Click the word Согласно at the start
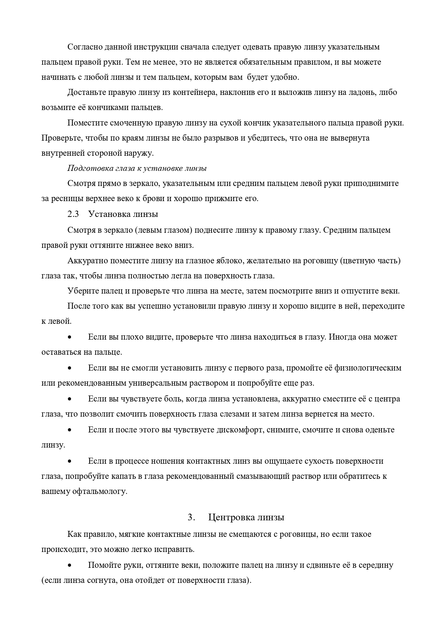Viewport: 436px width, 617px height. click(x=83, y=47)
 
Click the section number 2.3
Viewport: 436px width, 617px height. click(x=73, y=214)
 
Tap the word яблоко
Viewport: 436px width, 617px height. click(x=230, y=261)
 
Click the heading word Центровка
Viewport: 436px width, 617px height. click(x=231, y=518)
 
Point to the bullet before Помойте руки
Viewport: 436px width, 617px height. click(x=70, y=566)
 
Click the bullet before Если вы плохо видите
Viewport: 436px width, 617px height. click(x=70, y=337)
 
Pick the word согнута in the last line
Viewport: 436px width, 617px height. click(x=101, y=580)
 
